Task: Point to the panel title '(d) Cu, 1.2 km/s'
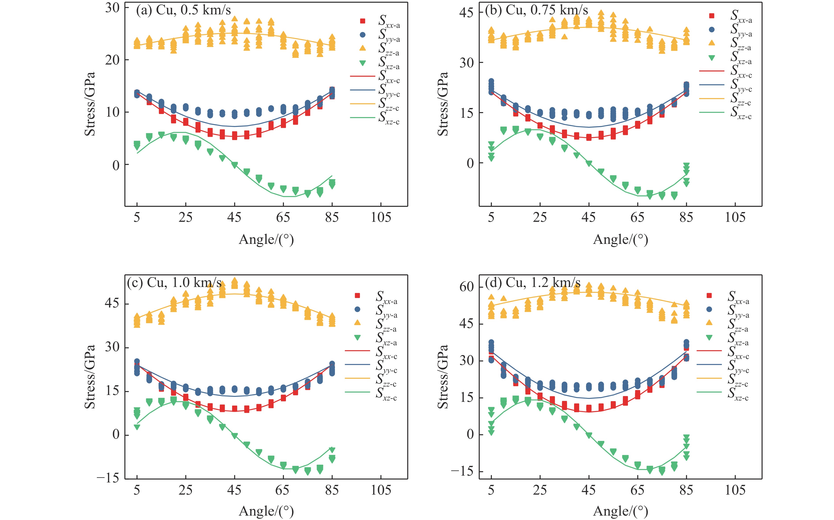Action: point(532,283)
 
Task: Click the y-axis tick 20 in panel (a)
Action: point(112,60)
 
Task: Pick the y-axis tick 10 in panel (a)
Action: point(112,112)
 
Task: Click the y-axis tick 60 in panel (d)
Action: point(466,287)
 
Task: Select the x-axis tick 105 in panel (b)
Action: point(735,217)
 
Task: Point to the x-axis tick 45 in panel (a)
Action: point(234,217)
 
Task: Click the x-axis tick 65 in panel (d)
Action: point(637,490)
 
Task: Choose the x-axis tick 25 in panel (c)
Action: point(186,490)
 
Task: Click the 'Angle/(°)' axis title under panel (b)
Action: point(620,240)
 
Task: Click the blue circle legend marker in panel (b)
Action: point(711,30)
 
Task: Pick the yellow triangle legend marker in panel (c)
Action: point(357,323)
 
